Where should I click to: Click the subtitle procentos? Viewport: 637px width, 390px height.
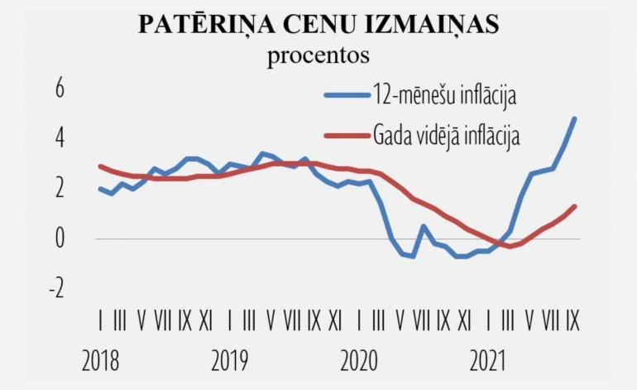coord(318,55)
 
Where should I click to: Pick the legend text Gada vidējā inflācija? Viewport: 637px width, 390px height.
coord(447,134)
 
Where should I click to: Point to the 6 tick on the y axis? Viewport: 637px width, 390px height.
coord(59,88)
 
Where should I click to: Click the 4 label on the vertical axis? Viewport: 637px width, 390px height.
coord(59,137)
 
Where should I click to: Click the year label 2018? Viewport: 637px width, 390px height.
coord(101,362)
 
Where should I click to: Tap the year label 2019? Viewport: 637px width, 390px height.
coord(230,362)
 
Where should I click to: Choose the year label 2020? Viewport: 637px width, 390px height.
coord(358,362)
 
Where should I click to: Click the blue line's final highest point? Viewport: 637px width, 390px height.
coord(574,118)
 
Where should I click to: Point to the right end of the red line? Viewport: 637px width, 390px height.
coord(574,206)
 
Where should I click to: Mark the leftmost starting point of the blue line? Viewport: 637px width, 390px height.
coord(100,189)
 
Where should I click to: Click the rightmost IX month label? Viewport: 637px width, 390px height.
coord(572,319)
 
